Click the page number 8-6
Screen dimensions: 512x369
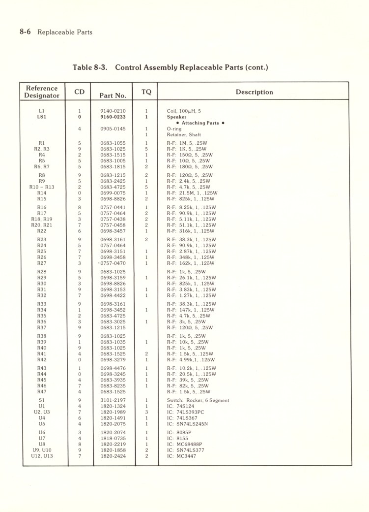(26, 32)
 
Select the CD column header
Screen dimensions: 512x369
(80, 92)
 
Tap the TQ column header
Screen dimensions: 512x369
(146, 92)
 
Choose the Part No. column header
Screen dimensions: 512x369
(113, 96)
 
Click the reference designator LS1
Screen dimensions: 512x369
(42, 117)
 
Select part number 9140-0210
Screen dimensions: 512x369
(113, 111)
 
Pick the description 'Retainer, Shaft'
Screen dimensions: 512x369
(184, 134)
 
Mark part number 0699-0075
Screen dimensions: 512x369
(113, 193)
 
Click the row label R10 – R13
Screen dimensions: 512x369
(42, 187)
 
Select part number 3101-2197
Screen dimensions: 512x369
(113, 400)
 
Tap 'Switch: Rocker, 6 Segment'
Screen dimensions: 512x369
(198, 400)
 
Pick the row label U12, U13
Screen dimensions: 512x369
(42, 456)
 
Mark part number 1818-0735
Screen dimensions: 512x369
(113, 438)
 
